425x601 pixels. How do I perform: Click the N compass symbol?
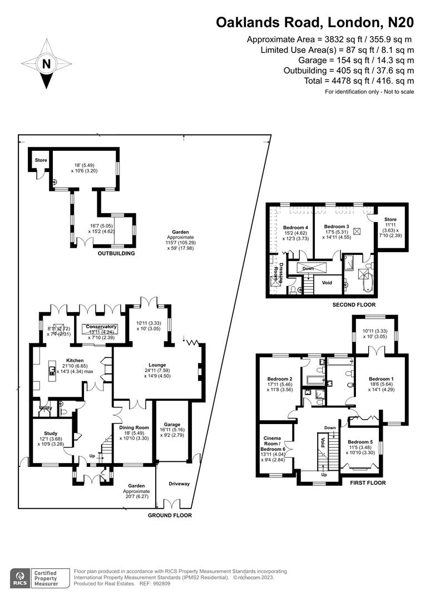[46, 64]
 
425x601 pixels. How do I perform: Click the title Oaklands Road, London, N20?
[315, 22]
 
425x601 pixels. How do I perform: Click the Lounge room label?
[157, 365]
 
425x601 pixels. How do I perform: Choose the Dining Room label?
[134, 427]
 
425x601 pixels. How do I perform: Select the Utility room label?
[46, 408]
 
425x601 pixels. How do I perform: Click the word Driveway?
[179, 484]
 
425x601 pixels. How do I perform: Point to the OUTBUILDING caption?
[117, 253]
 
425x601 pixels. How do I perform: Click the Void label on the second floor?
[327, 283]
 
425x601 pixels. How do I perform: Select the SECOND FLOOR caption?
[354, 305]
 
